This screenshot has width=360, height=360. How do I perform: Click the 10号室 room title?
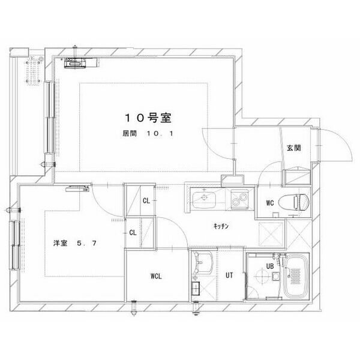tap(148, 118)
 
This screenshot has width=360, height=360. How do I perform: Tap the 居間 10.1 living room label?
tap(148, 133)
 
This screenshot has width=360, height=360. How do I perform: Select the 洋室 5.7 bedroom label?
tap(75, 243)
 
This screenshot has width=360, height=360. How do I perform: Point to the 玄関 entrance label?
tap(293, 148)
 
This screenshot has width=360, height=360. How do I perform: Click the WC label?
tap(270, 203)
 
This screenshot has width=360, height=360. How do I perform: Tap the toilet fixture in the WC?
tap(293, 202)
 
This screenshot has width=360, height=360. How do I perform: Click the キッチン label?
tap(221, 226)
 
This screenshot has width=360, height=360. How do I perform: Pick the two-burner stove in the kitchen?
tap(239, 199)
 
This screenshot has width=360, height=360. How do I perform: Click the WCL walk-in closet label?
tap(156, 276)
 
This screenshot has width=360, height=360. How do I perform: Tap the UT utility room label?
tap(229, 275)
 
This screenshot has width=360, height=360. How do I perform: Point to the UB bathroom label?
tap(270, 266)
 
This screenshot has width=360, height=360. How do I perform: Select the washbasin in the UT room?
tap(203, 263)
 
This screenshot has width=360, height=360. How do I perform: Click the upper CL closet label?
tap(146, 201)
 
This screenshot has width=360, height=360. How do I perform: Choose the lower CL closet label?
tap(133, 233)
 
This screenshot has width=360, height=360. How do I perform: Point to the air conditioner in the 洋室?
tap(77, 188)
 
